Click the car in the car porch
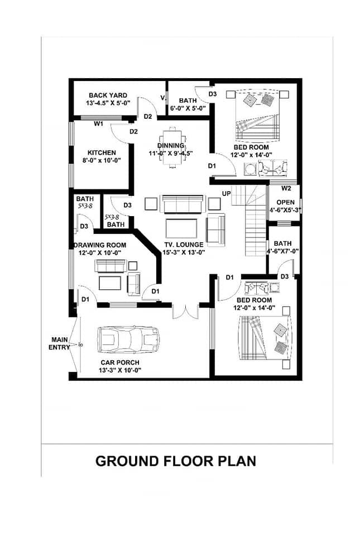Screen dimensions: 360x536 [128, 339]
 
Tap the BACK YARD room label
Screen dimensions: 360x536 [108, 95]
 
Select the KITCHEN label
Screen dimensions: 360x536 [102, 152]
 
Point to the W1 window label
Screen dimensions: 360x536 [98, 124]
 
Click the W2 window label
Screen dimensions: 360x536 [286, 188]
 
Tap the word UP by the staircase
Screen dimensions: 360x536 [227, 194]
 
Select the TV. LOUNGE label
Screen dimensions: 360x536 [184, 245]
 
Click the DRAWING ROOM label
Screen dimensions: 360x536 [100, 245]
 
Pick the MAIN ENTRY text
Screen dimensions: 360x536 [59, 343]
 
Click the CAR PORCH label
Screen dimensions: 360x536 [120, 362]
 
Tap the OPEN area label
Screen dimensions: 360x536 [286, 202]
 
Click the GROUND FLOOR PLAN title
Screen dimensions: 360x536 [176, 461]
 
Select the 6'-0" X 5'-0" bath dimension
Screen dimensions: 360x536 [188, 108]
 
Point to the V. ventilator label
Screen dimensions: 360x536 [163, 98]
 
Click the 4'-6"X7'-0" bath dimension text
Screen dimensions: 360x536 [283, 251]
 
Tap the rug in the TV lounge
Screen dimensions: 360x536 [181, 228]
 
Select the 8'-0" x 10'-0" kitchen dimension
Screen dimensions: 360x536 [102, 160]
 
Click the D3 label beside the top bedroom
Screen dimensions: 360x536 [213, 94]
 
